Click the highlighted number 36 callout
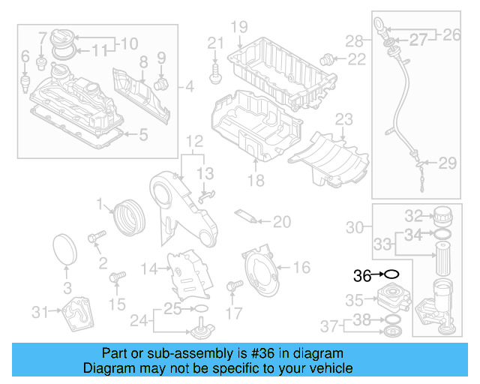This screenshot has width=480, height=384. [362, 276]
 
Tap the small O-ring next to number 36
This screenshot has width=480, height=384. [393, 275]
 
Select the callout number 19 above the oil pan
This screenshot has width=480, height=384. [238, 28]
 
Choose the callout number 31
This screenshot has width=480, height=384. [40, 311]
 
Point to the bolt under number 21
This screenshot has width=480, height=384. [216, 73]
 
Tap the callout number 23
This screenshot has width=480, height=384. [343, 119]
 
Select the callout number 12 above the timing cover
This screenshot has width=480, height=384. [194, 141]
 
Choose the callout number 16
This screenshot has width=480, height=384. [301, 267]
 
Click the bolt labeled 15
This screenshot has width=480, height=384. [115, 279]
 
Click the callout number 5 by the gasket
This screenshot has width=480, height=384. [144, 135]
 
